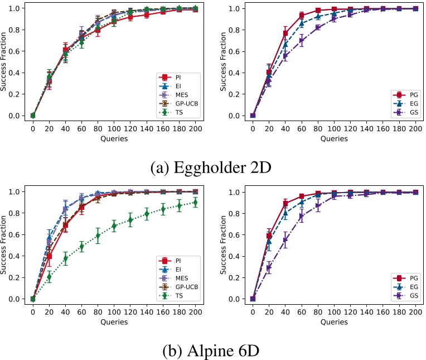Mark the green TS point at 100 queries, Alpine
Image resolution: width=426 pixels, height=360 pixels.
click(114, 226)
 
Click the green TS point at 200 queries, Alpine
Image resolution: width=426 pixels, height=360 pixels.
click(196, 203)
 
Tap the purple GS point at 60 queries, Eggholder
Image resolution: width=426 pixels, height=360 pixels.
click(301, 40)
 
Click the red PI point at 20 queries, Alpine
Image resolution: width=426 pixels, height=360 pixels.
click(49, 256)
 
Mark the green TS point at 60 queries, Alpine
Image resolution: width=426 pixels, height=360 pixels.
click(81, 246)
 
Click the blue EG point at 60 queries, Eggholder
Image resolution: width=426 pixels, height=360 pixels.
click(301, 23)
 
